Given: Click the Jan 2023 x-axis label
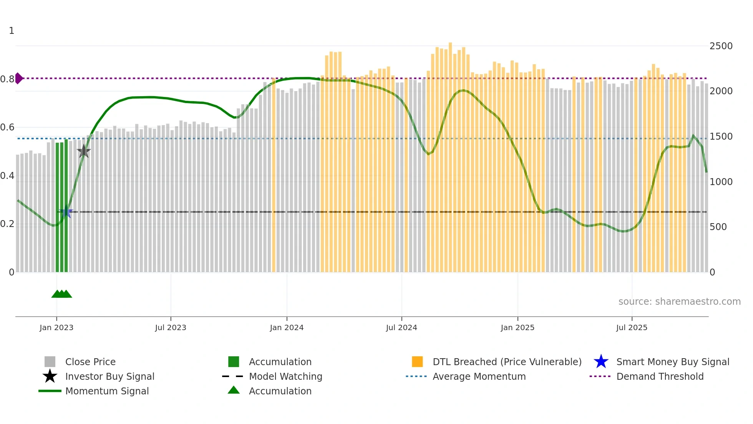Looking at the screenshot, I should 56,327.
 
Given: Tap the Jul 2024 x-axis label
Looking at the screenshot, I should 401,327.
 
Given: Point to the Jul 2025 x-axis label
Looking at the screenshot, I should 632,327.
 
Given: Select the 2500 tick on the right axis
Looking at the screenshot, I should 721,46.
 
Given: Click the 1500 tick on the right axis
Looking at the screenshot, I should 721,137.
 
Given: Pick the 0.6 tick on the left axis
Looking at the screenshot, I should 7,127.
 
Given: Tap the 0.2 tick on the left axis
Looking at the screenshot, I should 7,224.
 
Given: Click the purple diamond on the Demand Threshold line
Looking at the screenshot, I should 19,78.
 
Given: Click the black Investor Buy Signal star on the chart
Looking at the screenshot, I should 84,151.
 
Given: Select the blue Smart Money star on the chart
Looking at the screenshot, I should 66,212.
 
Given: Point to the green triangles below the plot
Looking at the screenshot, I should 61,294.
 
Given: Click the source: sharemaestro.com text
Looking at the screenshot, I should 679,302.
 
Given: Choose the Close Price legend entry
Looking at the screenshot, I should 90,362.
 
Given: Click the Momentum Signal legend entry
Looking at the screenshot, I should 107,391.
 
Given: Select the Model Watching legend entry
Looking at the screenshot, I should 285,376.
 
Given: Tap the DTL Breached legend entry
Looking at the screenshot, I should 507,362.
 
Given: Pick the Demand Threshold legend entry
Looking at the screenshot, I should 660,376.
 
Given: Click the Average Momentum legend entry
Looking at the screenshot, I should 479,376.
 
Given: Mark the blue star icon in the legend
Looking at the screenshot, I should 601,362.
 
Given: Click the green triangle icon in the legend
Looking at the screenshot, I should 234,390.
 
